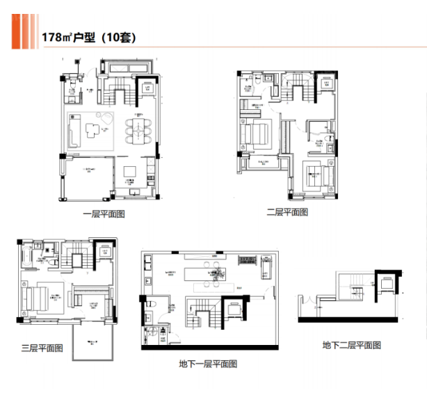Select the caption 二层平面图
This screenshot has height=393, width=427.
[x=287, y=212]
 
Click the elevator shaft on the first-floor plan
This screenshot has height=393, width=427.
[x=148, y=87]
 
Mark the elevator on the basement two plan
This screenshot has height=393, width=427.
[x=384, y=284]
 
